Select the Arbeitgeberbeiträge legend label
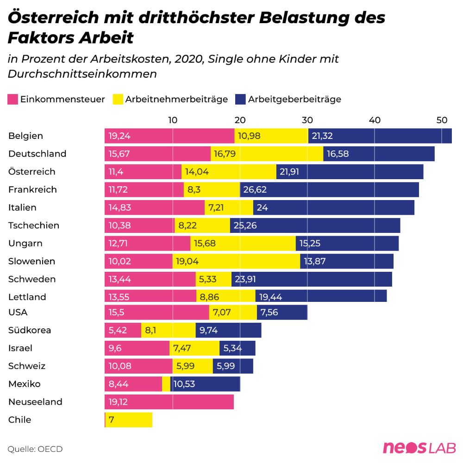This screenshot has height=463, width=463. [x=294, y=99]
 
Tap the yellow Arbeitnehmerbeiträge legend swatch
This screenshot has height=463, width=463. [x=118, y=99]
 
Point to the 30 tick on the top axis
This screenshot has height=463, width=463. [x=307, y=120]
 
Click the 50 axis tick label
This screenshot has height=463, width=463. [x=442, y=120]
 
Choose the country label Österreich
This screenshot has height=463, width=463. [x=31, y=172]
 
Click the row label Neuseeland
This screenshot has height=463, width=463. [x=35, y=402]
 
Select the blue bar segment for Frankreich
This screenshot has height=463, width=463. [x=329, y=190]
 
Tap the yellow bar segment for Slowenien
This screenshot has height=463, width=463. [x=236, y=262]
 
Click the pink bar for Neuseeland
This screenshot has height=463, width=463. [x=169, y=402]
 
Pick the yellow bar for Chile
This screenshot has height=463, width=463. [x=129, y=420]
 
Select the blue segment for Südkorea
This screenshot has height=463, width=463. [x=228, y=330]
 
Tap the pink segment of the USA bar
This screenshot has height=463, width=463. [x=156, y=313]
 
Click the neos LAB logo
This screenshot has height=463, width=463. [x=419, y=448]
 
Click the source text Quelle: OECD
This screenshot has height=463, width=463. [x=35, y=449]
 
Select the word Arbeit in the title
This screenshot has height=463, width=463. [x=111, y=38]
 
